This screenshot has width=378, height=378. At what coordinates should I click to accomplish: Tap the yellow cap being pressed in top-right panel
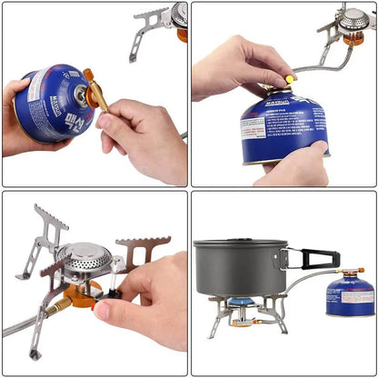(290, 80)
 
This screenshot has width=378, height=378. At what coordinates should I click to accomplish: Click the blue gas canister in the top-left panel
(56, 102)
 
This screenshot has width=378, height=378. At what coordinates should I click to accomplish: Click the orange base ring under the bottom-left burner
(82, 293)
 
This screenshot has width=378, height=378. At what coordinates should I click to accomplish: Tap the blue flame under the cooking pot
(238, 303)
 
